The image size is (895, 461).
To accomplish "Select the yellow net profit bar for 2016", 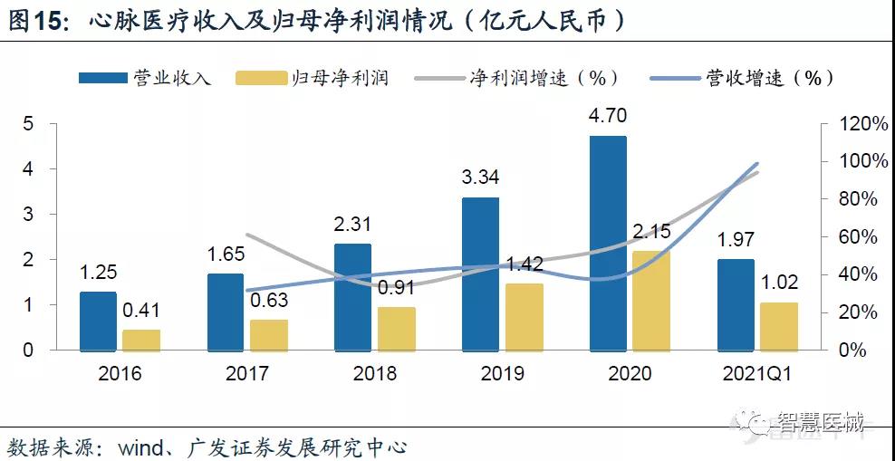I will tap(140, 340).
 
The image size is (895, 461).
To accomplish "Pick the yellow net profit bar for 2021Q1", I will tap(778, 326).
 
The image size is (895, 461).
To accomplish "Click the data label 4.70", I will tap(608, 115).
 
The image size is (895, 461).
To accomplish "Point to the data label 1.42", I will tap(524, 264).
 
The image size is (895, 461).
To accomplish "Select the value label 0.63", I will tap(268, 300).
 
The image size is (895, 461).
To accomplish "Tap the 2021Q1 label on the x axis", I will tap(757, 372).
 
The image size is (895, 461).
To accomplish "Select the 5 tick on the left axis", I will tap(28, 124).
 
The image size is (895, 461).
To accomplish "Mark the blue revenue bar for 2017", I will tap(226, 312).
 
